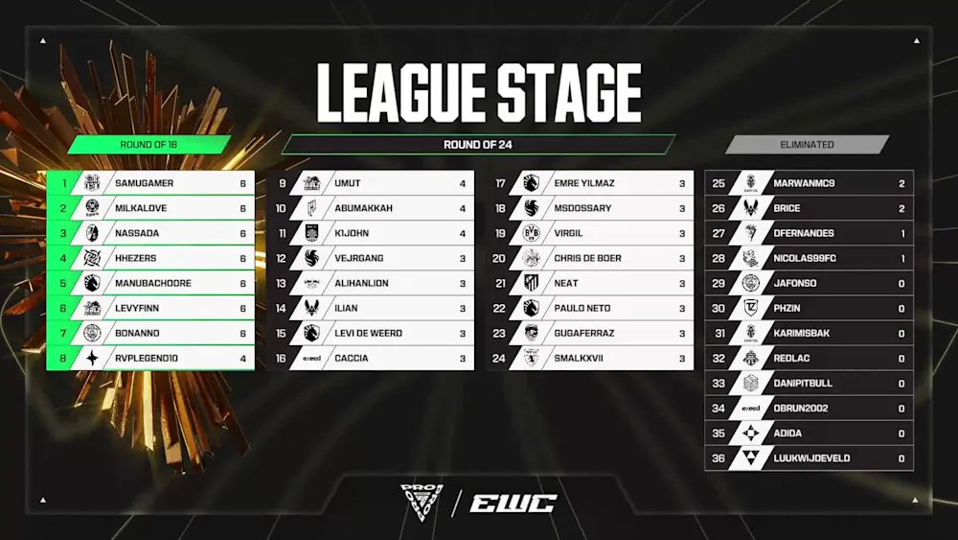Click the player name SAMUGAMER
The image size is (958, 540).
click(x=145, y=183)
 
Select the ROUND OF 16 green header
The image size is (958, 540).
click(x=148, y=144)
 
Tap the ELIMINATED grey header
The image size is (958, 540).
click(x=807, y=144)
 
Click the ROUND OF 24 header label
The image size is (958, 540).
click(x=478, y=144)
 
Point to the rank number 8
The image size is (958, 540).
click(x=63, y=359)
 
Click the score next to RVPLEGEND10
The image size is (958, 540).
click(x=243, y=359)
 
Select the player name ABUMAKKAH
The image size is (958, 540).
click(x=363, y=208)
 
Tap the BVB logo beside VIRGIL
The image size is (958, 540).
click(x=532, y=233)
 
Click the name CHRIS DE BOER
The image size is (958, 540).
click(x=588, y=258)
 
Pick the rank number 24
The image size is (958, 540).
click(x=499, y=359)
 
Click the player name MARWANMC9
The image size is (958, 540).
click(x=804, y=183)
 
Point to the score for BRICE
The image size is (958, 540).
click(x=901, y=208)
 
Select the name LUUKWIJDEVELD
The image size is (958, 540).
click(x=811, y=458)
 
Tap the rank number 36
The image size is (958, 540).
click(x=718, y=458)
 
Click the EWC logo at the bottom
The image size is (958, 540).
click(x=513, y=504)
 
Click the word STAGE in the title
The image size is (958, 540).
click(x=569, y=93)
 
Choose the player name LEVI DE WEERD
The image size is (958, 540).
click(x=369, y=333)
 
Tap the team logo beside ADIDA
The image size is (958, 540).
click(x=751, y=433)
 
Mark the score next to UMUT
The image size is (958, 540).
click(x=463, y=183)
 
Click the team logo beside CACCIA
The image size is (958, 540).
click(x=311, y=359)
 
